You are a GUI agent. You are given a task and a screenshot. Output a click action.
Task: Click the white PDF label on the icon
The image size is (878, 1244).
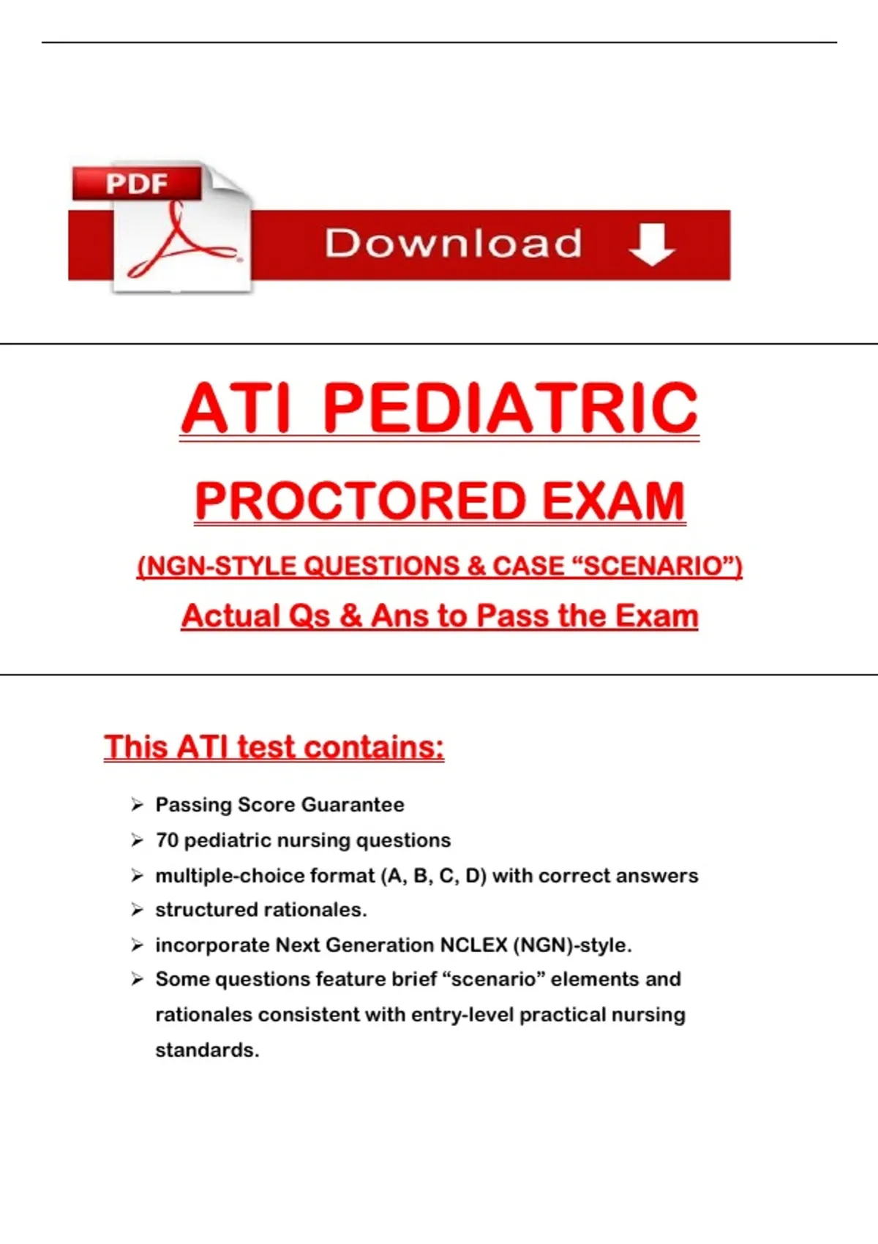coord(137,184)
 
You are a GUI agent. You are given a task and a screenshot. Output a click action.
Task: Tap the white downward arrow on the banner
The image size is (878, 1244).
coord(652,244)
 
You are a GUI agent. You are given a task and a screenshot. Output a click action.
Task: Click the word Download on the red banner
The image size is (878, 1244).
coord(453,244)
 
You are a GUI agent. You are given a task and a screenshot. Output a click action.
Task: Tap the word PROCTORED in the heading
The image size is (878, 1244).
coord(360,501)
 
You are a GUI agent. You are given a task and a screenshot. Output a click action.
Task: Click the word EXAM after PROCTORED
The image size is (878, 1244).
coord(613,501)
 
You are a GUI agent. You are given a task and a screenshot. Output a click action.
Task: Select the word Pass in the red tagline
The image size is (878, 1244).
coord(513,616)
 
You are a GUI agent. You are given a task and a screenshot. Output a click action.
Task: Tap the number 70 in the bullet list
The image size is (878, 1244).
coord(167,840)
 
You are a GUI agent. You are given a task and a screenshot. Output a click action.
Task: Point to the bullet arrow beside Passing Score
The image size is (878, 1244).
coord(137,805)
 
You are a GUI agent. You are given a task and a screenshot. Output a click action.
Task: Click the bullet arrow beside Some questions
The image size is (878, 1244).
coord(137,980)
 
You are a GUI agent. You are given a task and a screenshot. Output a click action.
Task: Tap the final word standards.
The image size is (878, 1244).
coord(207,1050)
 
